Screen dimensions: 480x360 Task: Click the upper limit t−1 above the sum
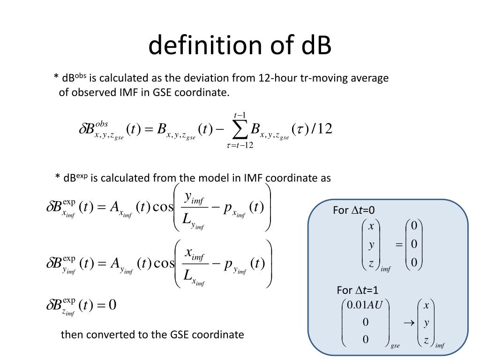tap(240, 115)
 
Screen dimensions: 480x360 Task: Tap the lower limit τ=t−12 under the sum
tap(240, 145)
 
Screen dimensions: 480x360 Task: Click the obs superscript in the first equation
tap(102, 124)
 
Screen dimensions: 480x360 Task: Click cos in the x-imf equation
tap(164, 207)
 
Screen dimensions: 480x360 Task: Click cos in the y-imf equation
tap(165, 263)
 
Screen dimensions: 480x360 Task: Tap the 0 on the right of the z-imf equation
tap(112, 305)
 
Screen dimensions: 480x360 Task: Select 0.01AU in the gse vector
tap(365, 305)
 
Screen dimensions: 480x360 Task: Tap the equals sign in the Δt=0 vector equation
tap(399, 244)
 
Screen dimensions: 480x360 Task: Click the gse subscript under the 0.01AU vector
tap(395, 346)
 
